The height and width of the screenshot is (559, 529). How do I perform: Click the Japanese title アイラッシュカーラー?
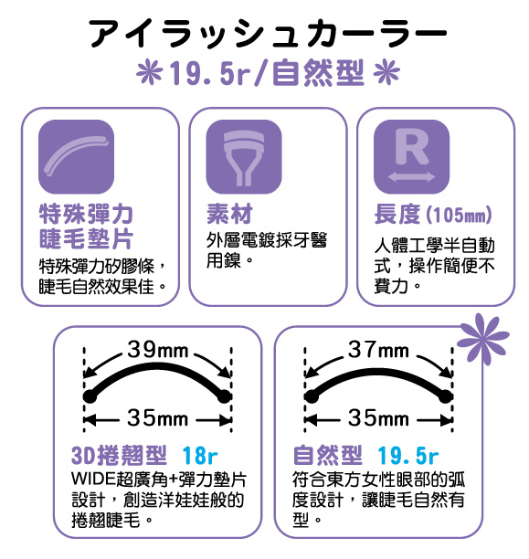pos(269,33)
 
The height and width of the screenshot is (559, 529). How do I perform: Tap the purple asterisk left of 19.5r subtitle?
pos(150,72)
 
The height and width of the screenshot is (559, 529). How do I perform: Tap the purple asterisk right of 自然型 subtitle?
pos(387,72)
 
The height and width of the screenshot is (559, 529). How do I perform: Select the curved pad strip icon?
pos(76,157)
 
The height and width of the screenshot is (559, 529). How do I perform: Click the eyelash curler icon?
pos(244,157)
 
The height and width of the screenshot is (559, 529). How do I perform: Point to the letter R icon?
pos(411,157)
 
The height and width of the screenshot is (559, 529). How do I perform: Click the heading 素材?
pos(229,214)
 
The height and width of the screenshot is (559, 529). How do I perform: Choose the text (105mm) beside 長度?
pos(460,215)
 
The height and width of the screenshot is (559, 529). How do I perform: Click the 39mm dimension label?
pos(158,350)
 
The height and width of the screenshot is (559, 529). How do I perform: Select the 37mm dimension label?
pos(378,350)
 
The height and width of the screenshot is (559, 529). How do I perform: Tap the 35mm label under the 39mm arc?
pos(158,417)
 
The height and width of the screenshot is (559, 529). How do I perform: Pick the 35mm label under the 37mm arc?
pos(378,417)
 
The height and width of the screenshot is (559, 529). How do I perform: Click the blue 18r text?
pos(200,455)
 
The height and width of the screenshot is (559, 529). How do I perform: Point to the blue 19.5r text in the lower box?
pos(408,455)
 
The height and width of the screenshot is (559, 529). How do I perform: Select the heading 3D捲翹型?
pos(119,455)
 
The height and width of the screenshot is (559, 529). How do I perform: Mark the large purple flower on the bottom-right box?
pos(482,339)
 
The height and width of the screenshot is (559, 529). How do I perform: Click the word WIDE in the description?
pos(94,479)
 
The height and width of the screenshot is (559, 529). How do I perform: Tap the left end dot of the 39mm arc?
pos(90,396)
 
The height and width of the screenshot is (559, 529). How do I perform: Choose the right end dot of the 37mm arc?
pos(446,396)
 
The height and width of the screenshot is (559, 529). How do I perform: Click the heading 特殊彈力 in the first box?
pos(86,214)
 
